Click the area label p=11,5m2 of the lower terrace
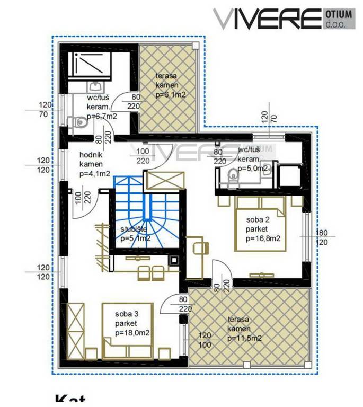pos(243,338)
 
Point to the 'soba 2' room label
pos(257,220)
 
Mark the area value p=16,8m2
pos(263,239)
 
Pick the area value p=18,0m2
pos(132,333)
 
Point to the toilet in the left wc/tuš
pos(80,123)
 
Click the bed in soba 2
pos(260,223)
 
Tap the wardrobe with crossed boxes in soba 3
pos(76,329)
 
